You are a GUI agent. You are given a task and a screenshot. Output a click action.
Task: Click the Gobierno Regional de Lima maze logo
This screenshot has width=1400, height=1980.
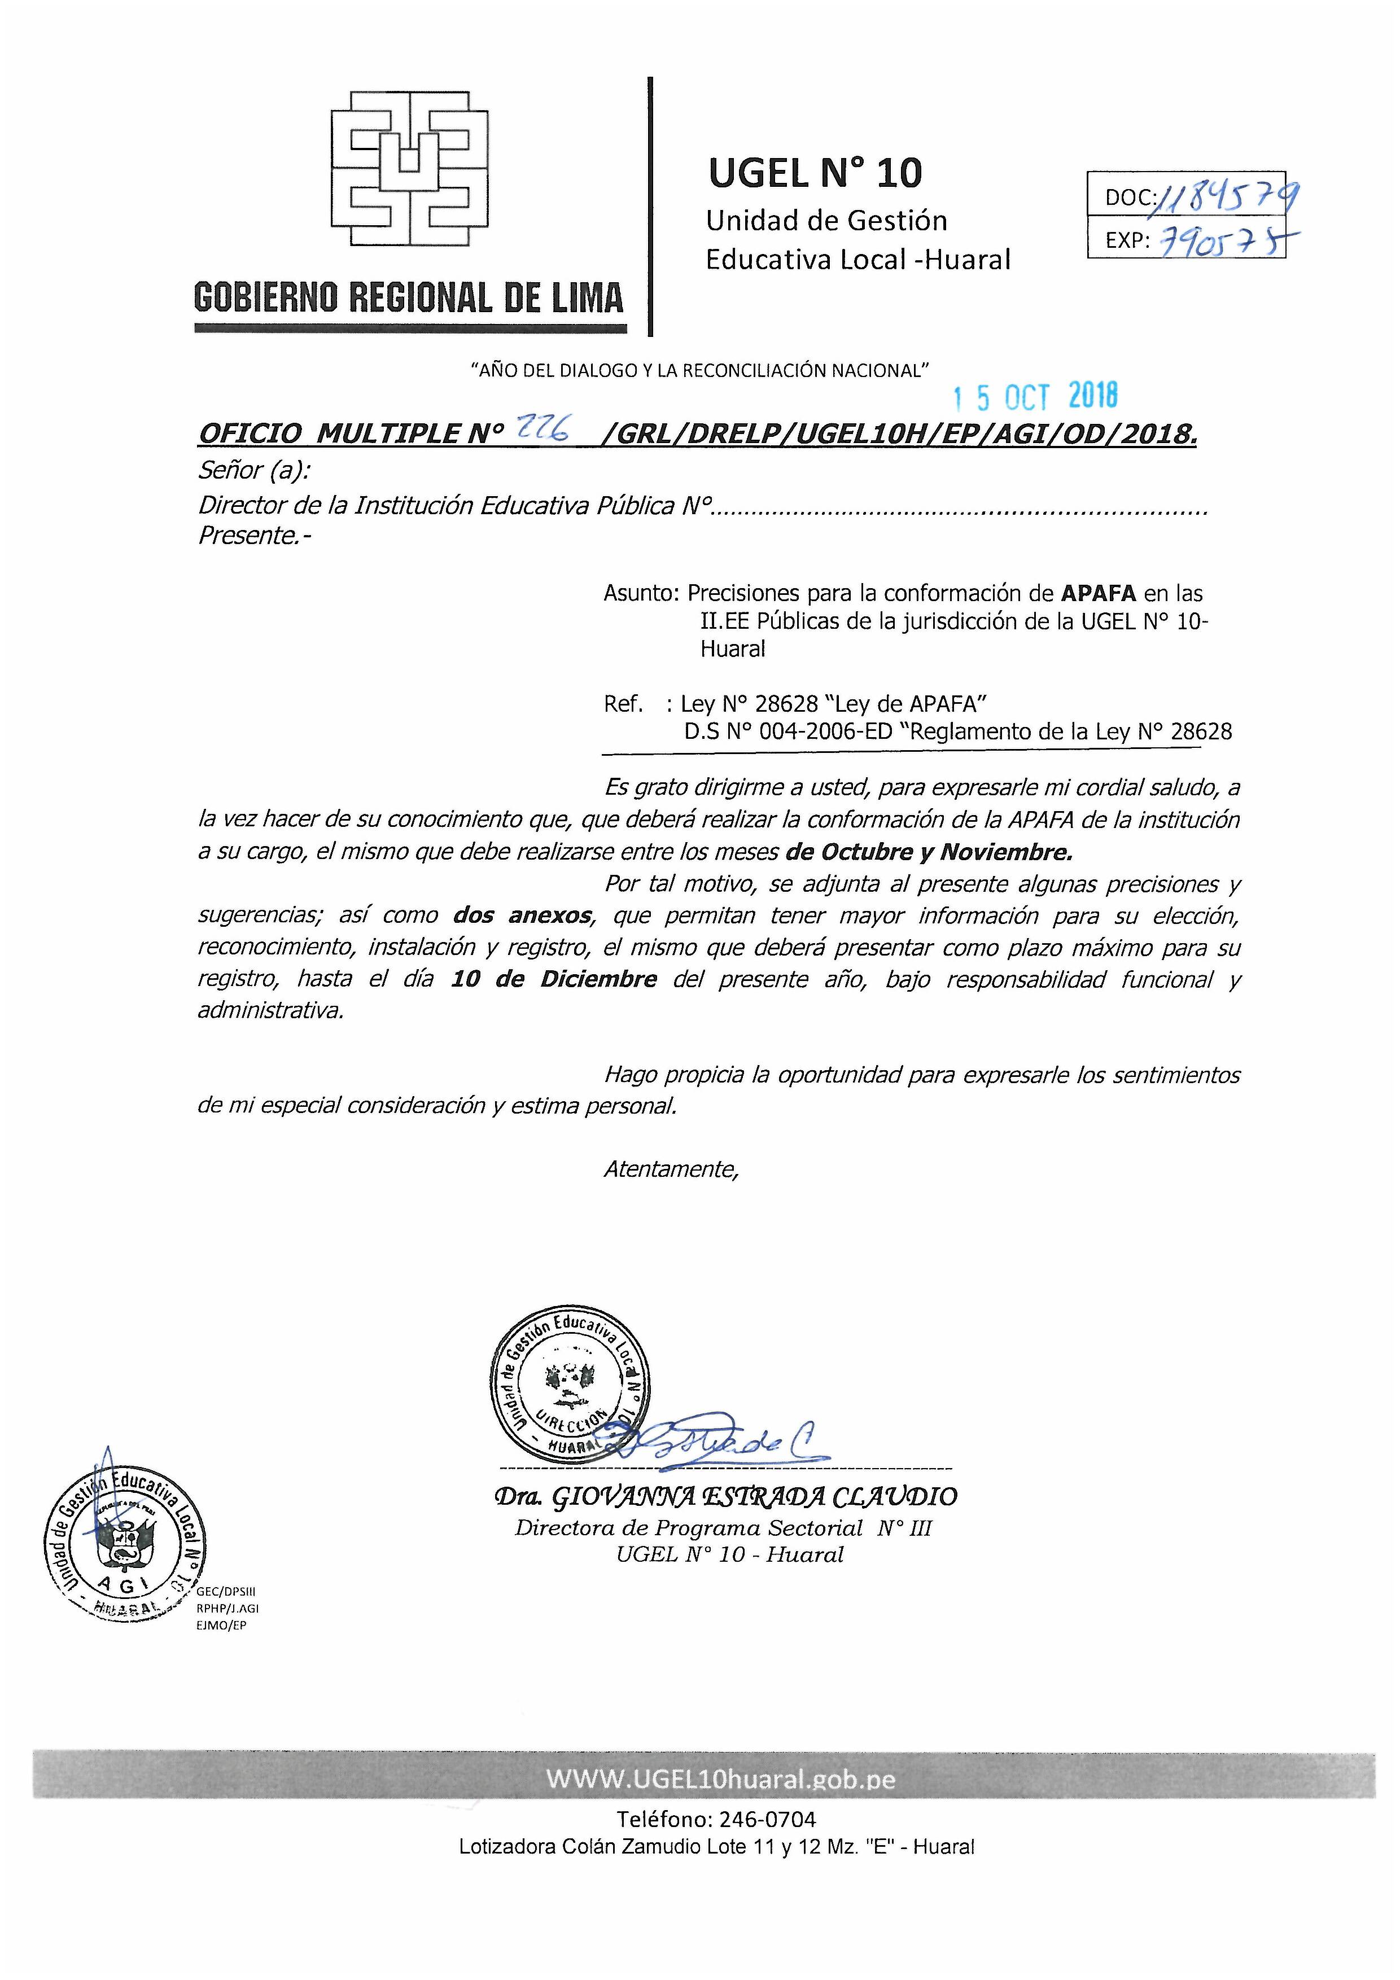pos(410,167)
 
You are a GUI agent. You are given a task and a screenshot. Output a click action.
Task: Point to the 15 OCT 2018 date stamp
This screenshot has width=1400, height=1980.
pos(1035,397)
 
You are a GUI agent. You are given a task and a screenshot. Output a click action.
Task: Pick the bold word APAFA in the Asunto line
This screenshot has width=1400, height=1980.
pos(1097,593)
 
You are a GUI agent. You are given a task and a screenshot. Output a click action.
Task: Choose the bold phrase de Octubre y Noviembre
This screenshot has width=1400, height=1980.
pos(929,852)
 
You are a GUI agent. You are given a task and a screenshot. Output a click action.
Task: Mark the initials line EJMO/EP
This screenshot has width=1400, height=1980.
pos(222,1626)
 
